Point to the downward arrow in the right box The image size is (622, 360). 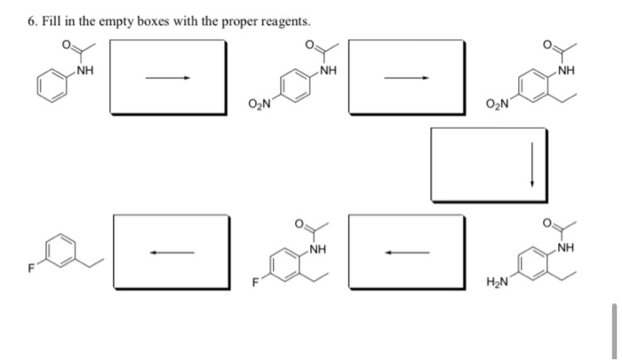click(532, 165)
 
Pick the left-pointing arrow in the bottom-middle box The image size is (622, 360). click(406, 252)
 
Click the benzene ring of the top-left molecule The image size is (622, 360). click(52, 87)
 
